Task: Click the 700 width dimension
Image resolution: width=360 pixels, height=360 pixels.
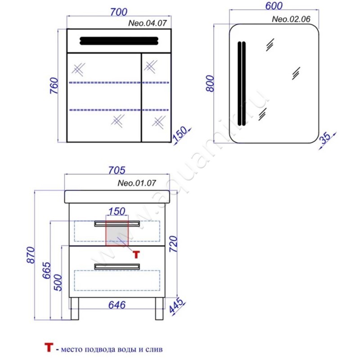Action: pyautogui.click(x=119, y=12)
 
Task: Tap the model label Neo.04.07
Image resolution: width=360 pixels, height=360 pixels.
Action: pyautogui.click(x=148, y=23)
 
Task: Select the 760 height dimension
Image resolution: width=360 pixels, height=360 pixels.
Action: pyautogui.click(x=54, y=85)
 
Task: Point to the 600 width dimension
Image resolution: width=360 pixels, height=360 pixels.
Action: pyautogui.click(x=274, y=6)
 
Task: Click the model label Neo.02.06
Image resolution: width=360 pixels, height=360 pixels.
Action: pyautogui.click(x=291, y=19)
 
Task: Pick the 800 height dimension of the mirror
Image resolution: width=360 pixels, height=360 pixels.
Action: pyautogui.click(x=210, y=83)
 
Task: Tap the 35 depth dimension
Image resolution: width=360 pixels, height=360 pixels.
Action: pyautogui.click(x=326, y=138)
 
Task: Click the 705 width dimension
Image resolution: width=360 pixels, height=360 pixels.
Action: pyautogui.click(x=117, y=170)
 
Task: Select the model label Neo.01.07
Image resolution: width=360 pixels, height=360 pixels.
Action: pyautogui.click(x=137, y=183)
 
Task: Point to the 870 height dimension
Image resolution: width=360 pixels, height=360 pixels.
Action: pyautogui.click(x=31, y=255)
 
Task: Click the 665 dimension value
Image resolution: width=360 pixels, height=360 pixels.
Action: pyautogui.click(x=46, y=270)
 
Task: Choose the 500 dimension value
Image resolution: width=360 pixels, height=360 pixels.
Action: pyautogui.click(x=58, y=283)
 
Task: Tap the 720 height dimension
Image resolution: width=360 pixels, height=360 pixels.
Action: pyautogui.click(x=174, y=244)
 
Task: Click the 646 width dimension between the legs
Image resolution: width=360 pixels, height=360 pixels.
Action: pyautogui.click(x=117, y=305)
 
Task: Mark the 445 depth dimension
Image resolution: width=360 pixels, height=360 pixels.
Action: pyautogui.click(x=176, y=306)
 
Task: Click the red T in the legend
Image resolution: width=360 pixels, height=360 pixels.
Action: pyautogui.click(x=49, y=347)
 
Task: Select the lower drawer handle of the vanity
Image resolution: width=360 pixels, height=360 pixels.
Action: pyautogui.click(x=117, y=266)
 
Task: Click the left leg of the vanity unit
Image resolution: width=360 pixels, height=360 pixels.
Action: pyautogui.click(x=75, y=309)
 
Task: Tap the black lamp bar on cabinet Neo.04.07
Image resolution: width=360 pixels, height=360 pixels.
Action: pyautogui.click(x=119, y=41)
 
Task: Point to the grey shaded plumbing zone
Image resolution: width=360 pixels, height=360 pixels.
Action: pyautogui.click(x=117, y=233)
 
